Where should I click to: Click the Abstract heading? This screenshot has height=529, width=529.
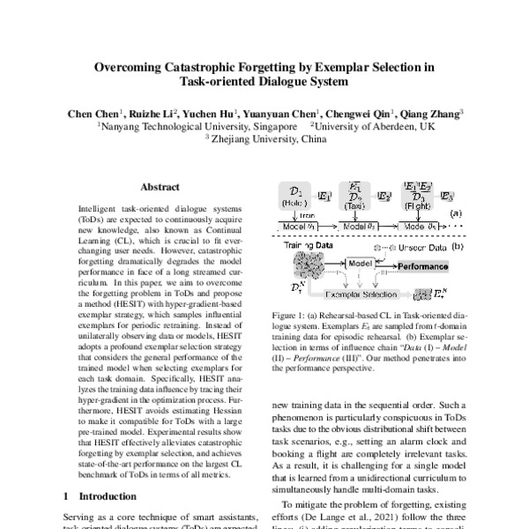(160, 187)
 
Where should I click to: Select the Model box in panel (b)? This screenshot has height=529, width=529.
(361, 264)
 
